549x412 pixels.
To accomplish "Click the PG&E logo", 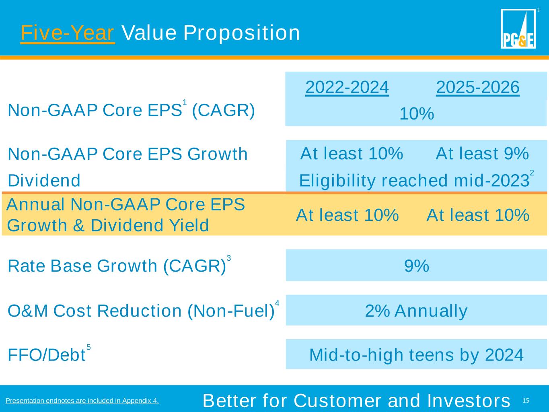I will pos(518,29).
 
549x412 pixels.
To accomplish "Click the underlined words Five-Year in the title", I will pos(68,33).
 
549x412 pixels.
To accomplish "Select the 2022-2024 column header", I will pos(347,87).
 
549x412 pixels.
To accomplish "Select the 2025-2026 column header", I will pos(477,87).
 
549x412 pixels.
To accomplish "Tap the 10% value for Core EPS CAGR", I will pos(416,114).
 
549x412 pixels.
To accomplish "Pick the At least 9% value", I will pos(482,154).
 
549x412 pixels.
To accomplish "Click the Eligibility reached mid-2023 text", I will pos(414,181).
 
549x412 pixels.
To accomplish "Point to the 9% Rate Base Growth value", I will pos(416,266).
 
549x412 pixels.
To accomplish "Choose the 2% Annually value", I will pos(416,311).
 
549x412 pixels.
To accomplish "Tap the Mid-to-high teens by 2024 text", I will pos(416,355).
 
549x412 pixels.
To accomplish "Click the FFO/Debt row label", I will pos(47,355).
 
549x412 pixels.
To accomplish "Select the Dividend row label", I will pos(44,181).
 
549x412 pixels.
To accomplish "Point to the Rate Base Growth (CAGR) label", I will pos(117,266).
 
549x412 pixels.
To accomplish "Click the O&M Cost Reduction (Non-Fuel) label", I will pos(141,311).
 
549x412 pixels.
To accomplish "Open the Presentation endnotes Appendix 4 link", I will pos(82,401).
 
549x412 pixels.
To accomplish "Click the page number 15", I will pos(526,401).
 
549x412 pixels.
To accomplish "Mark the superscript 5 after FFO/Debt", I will pos(88,347).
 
